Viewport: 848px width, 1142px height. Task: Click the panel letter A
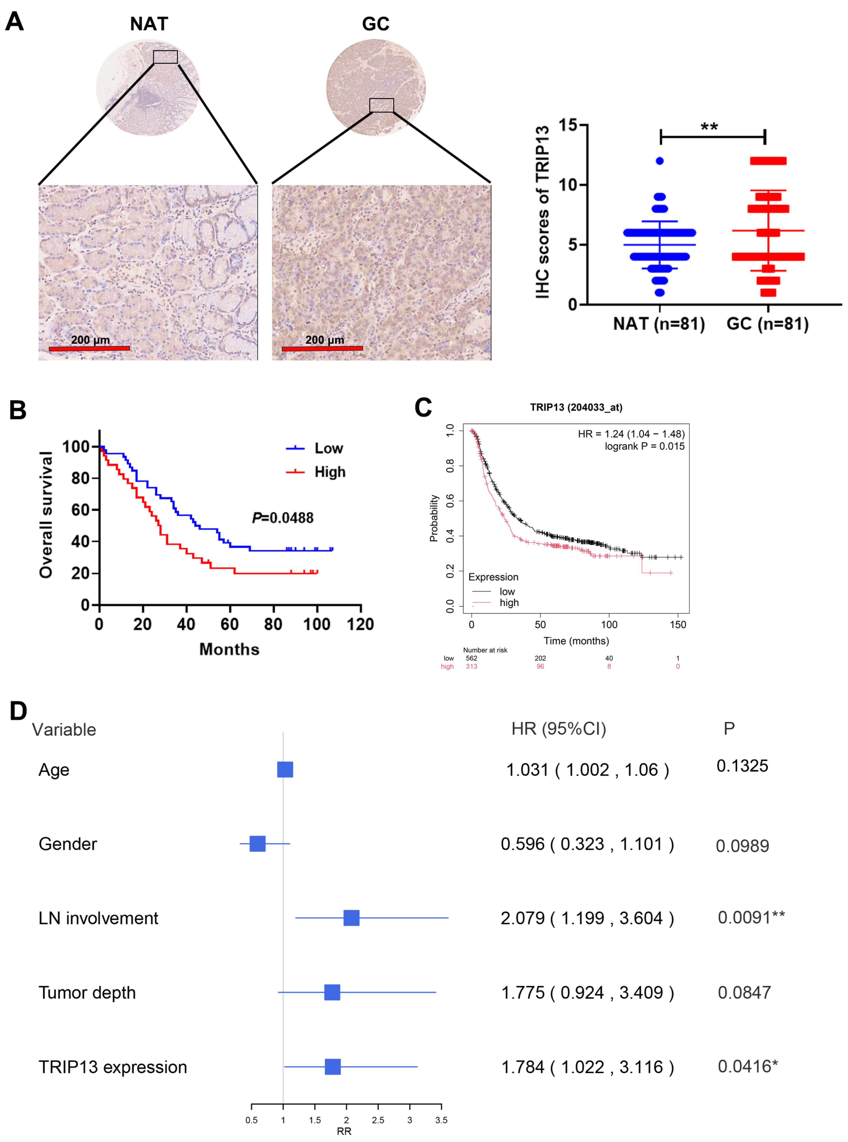point(14,22)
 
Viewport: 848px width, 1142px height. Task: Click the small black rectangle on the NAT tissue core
point(165,57)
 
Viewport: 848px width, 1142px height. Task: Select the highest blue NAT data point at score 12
point(660,161)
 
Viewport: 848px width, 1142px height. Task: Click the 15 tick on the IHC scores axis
point(568,125)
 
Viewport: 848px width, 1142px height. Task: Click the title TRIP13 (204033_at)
point(576,407)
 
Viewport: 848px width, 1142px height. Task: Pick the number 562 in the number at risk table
point(471,658)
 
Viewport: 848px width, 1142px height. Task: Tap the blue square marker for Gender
point(257,844)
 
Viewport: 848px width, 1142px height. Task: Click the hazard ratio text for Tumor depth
point(587,992)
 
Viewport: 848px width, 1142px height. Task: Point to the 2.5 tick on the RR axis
point(378,1120)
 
